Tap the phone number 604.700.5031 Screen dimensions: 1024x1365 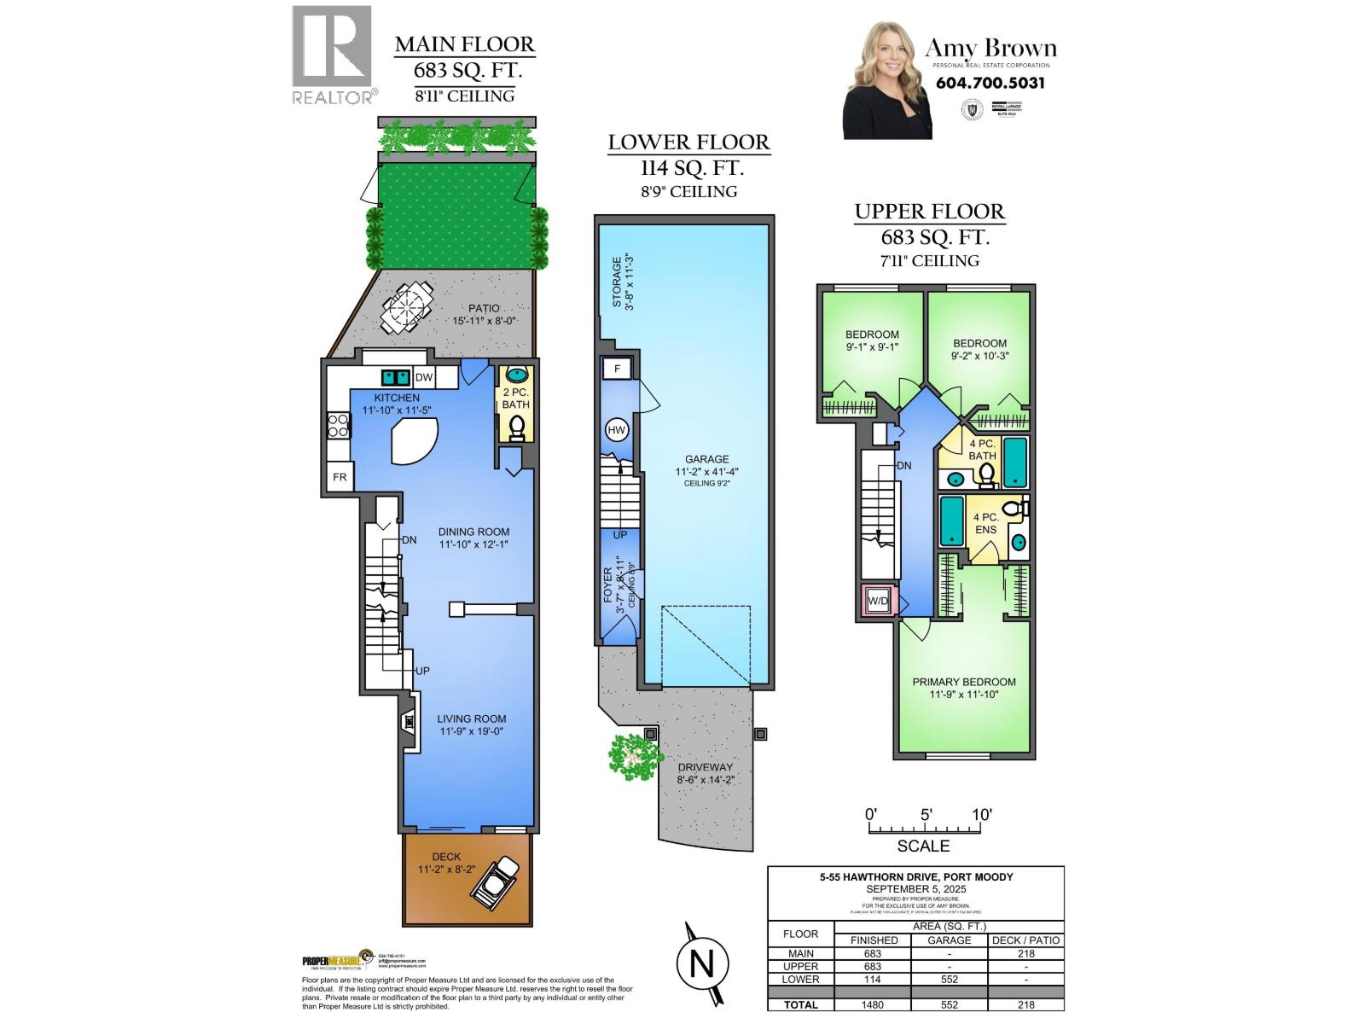990,83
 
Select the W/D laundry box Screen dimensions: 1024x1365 878,602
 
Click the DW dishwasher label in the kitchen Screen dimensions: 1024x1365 423,377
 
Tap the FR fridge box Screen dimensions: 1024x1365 340,477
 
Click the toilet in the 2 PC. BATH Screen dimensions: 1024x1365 516,427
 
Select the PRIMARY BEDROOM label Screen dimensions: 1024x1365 963,682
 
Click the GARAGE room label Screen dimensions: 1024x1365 706,458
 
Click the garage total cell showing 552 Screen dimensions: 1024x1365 949,1004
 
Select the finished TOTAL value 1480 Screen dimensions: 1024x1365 874,1004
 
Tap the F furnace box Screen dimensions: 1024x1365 616,369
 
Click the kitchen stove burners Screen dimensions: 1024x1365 338,425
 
